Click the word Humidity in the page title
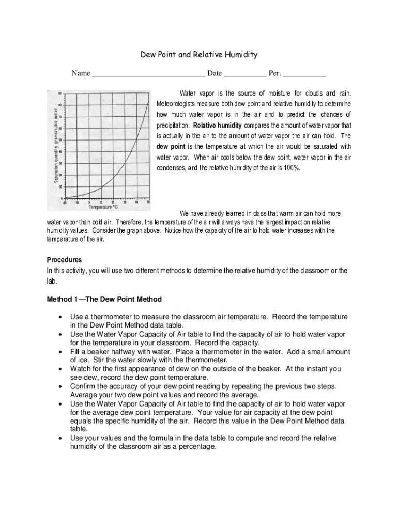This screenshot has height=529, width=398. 238,55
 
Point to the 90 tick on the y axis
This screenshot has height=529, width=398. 60,94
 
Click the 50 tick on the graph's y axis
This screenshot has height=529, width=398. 60,140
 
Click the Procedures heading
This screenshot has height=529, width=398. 64,260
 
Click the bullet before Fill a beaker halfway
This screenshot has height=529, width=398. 62,352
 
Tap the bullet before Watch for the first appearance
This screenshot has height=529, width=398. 62,369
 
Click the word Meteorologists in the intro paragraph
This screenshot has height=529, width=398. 178,104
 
